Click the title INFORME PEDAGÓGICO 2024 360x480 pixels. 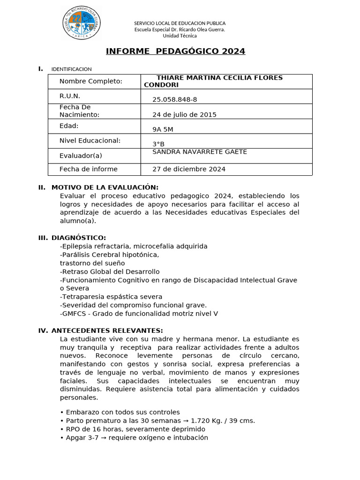pos(175,51)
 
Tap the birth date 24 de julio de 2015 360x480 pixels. pos(184,114)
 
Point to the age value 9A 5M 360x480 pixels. pos(163,129)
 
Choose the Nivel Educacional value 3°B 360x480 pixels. pos(158,144)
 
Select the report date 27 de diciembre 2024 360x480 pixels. pos(189,169)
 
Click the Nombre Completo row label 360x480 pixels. pos(90,82)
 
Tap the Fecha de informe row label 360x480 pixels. pos(88,169)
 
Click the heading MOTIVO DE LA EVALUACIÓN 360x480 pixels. pos(105,187)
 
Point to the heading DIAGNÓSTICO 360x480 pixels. pos(78,238)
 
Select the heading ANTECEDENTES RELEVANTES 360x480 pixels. pos(107,330)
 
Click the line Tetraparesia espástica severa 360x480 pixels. pos(111,297)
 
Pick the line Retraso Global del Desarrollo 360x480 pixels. pos(110,271)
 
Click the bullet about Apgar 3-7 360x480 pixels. pos(134,438)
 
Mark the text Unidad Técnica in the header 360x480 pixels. pos(180,36)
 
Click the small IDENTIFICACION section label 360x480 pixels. pos(71,69)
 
